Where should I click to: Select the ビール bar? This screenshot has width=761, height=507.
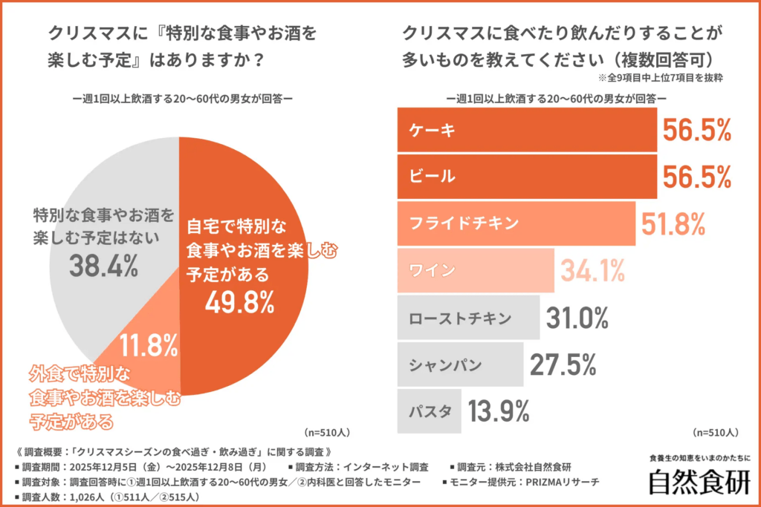(527, 177)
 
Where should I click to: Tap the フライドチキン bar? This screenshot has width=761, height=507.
(516, 223)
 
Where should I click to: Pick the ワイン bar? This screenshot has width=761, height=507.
(476, 270)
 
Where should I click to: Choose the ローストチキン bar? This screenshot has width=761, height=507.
(468, 318)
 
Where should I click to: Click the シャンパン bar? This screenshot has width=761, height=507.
(460, 364)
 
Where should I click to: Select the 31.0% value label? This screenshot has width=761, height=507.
(577, 318)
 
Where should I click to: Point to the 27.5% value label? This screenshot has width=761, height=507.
(563, 364)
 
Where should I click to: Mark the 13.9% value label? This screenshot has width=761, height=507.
(499, 410)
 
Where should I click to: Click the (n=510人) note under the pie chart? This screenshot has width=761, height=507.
(327, 431)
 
